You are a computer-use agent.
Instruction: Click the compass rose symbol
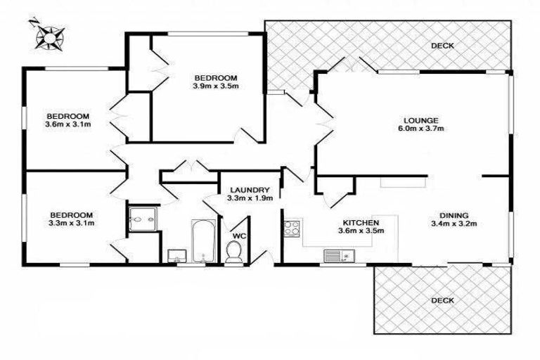[x=49, y=34]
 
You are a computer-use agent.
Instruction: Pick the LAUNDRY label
[x=248, y=190]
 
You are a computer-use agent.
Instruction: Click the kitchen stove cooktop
[x=292, y=228]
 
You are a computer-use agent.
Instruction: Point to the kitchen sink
[x=335, y=255]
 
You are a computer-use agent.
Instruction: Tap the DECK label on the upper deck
[x=443, y=46]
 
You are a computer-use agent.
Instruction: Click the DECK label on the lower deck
[x=443, y=300]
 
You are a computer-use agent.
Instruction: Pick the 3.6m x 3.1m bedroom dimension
[x=69, y=125]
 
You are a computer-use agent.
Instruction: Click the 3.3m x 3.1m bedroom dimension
[x=71, y=224]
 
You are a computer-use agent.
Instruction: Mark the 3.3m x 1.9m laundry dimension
[x=248, y=199]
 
